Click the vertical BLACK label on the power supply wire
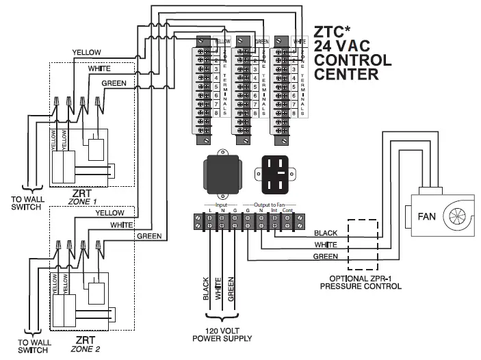tap(205, 289)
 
